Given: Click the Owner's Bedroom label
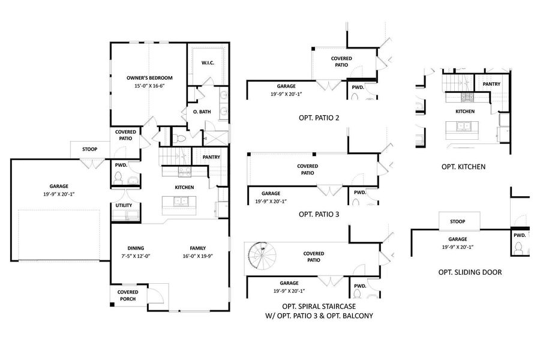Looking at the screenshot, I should click(149, 82).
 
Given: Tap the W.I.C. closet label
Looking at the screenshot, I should click(208, 62).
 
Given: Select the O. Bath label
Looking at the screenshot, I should click(201, 112).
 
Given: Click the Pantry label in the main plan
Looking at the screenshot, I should click(211, 157).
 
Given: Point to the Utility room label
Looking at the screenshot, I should click(124, 206).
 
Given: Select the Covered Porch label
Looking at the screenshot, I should click(127, 295).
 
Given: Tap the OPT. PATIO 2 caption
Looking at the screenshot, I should click(319, 118).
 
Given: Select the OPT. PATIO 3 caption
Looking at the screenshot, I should click(319, 213).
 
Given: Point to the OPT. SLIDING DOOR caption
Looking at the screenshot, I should click(470, 272).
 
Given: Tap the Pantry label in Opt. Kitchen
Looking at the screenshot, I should click(491, 84).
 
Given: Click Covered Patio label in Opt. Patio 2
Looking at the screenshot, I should click(341, 62).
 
